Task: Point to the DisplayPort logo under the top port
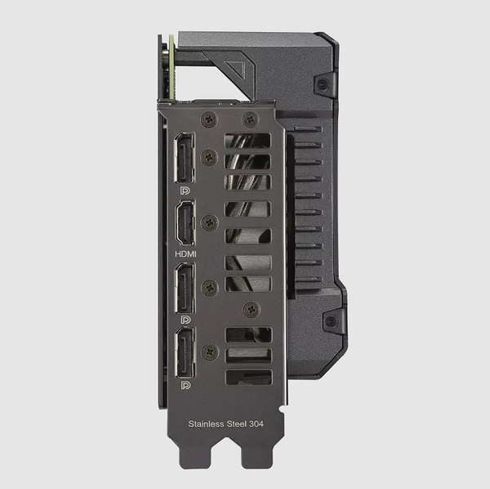(x=185, y=189)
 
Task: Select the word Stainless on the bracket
(x=206, y=424)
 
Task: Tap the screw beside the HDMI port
(x=210, y=222)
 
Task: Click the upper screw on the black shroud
(x=324, y=84)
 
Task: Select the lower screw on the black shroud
(x=330, y=321)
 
